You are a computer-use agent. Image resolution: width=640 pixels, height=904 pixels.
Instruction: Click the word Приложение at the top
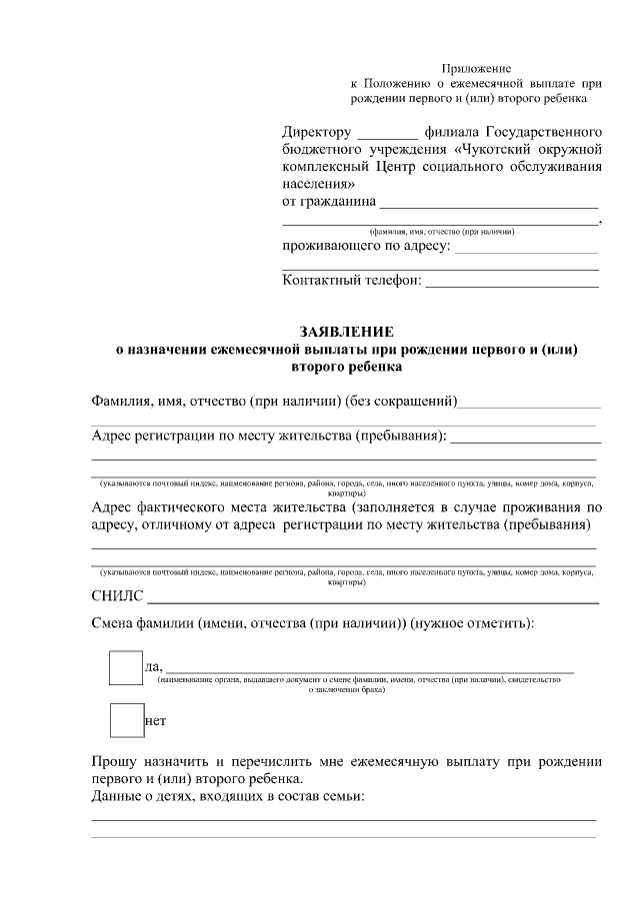tap(476, 69)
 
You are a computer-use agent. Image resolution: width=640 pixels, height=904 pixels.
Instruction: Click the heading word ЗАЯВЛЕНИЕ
tap(347, 332)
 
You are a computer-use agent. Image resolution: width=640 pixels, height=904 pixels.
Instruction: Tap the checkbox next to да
tap(126, 667)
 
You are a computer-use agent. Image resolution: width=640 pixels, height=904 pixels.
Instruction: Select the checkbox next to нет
tap(126, 720)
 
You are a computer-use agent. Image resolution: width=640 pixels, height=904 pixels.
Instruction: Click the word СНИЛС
tap(116, 598)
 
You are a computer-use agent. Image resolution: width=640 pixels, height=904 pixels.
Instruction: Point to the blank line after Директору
tap(387, 133)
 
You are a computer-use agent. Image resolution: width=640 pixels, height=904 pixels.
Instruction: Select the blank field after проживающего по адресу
tap(526, 247)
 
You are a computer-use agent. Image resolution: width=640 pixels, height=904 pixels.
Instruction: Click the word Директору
tap(316, 132)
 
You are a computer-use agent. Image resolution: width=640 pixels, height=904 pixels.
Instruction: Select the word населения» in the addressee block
tap(318, 185)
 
